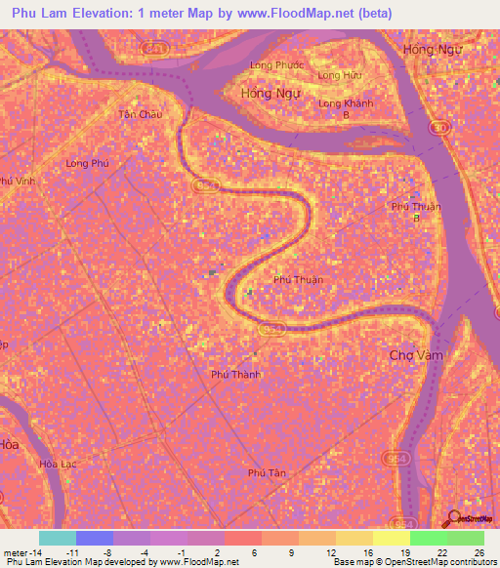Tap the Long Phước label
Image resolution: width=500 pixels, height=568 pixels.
pos(277,65)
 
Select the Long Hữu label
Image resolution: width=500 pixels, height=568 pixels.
pos(338,75)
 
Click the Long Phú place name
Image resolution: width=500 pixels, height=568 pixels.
pos(86,164)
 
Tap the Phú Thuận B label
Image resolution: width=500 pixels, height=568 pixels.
pos(416,211)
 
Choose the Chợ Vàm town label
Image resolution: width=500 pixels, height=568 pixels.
pos(416,355)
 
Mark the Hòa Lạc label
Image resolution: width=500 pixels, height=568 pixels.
pos(56,464)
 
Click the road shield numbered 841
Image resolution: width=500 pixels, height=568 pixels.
pos(154,47)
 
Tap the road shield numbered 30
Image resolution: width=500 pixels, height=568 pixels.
pos(441,128)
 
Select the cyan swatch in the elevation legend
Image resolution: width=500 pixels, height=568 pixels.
pos(57,538)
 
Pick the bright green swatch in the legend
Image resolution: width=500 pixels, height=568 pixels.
pos(428,538)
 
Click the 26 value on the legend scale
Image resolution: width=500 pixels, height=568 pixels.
pos(479,551)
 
